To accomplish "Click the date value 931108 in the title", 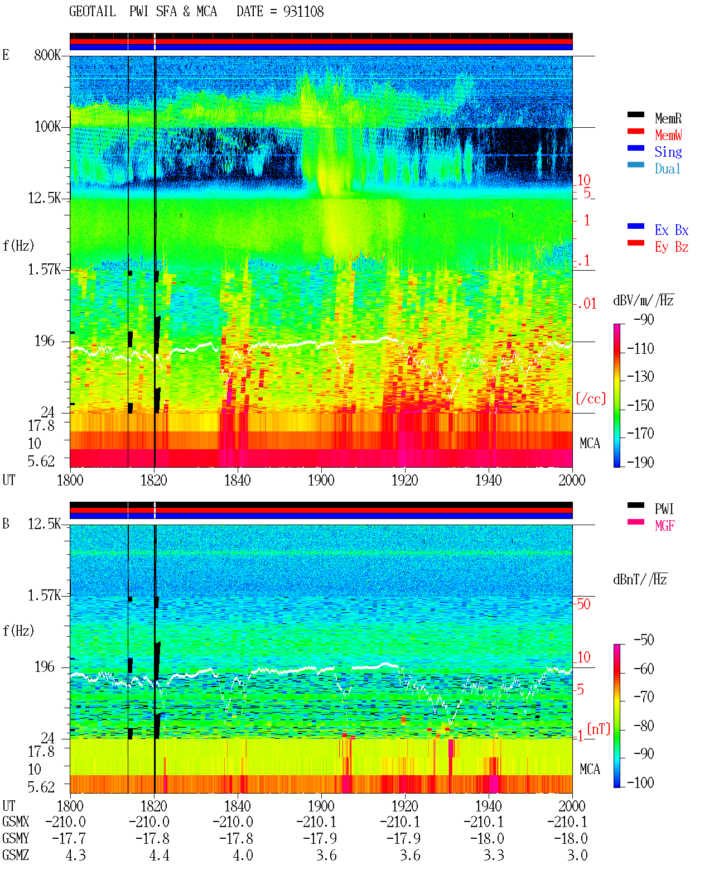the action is tap(303, 12).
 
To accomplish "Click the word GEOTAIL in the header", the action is tap(93, 12).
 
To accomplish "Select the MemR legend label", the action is tap(668, 118).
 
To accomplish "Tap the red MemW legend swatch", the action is tap(635, 131).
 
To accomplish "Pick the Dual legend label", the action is tap(668, 169).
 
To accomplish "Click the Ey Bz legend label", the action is tap(672, 247).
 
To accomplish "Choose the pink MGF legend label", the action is tap(664, 526).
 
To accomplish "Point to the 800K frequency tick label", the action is tap(47, 55).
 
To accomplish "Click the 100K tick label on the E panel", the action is tap(47, 127).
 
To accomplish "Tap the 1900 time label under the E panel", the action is tap(321, 480).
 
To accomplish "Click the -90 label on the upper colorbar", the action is tap(644, 319).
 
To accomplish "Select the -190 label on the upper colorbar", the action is tap(640, 462).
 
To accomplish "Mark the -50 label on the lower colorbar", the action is tap(644, 640).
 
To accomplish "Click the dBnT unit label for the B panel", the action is tap(640, 579).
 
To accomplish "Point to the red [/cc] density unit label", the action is tap(591, 398).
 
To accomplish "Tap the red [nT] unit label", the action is tap(599, 728).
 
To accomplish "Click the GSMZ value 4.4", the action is tap(160, 855).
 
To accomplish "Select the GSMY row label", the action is tap(16, 838).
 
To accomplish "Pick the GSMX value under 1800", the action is tap(66, 821).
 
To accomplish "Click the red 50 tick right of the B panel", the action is tap(583, 604).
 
